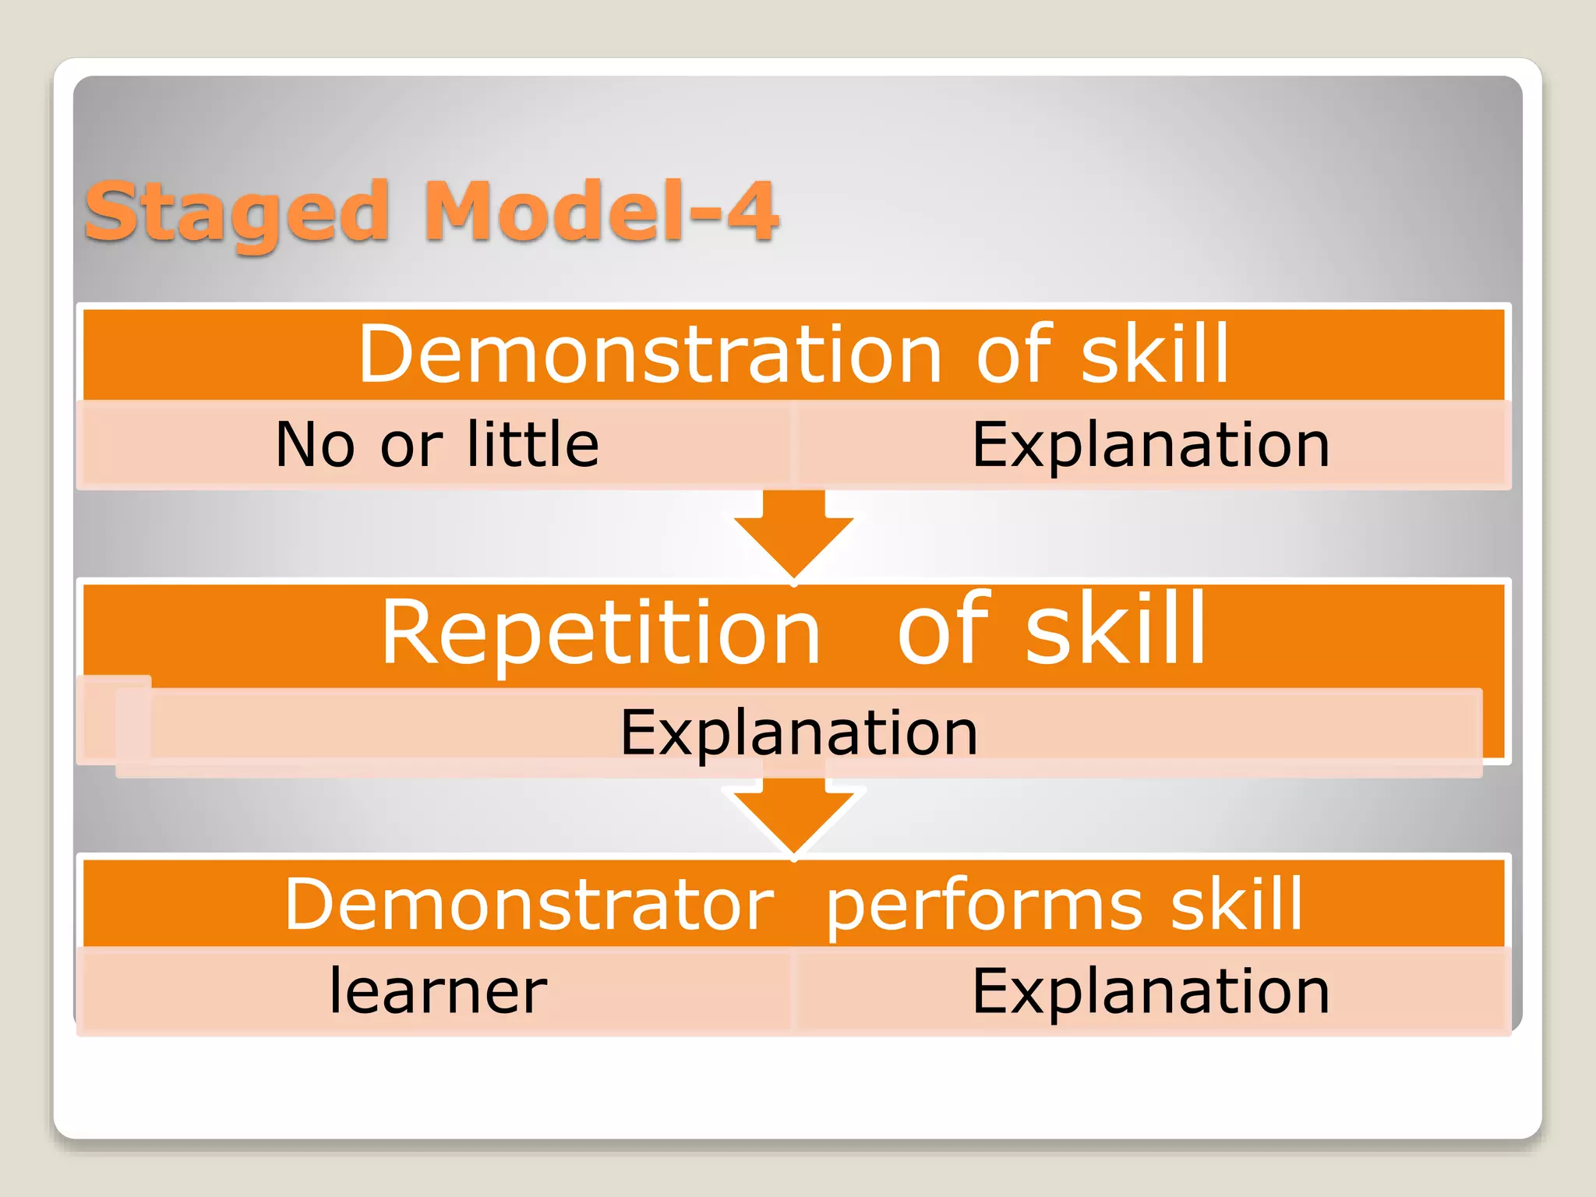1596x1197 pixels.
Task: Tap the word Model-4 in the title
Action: point(600,212)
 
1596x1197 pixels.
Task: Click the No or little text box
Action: point(436,445)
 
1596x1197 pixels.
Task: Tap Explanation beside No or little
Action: point(1150,445)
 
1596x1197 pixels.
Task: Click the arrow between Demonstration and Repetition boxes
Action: point(794,534)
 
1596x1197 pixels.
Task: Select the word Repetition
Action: point(601,632)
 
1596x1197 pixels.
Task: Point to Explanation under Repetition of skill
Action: point(799,733)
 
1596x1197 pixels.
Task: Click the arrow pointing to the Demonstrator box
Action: point(794,814)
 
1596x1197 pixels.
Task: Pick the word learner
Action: point(438,991)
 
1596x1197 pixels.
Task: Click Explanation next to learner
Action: point(1150,991)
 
